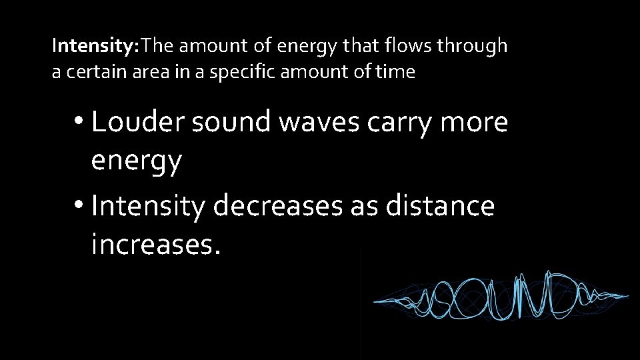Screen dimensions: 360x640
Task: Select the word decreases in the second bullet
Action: [x=277, y=206]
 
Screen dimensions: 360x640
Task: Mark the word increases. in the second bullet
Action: [x=155, y=245]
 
